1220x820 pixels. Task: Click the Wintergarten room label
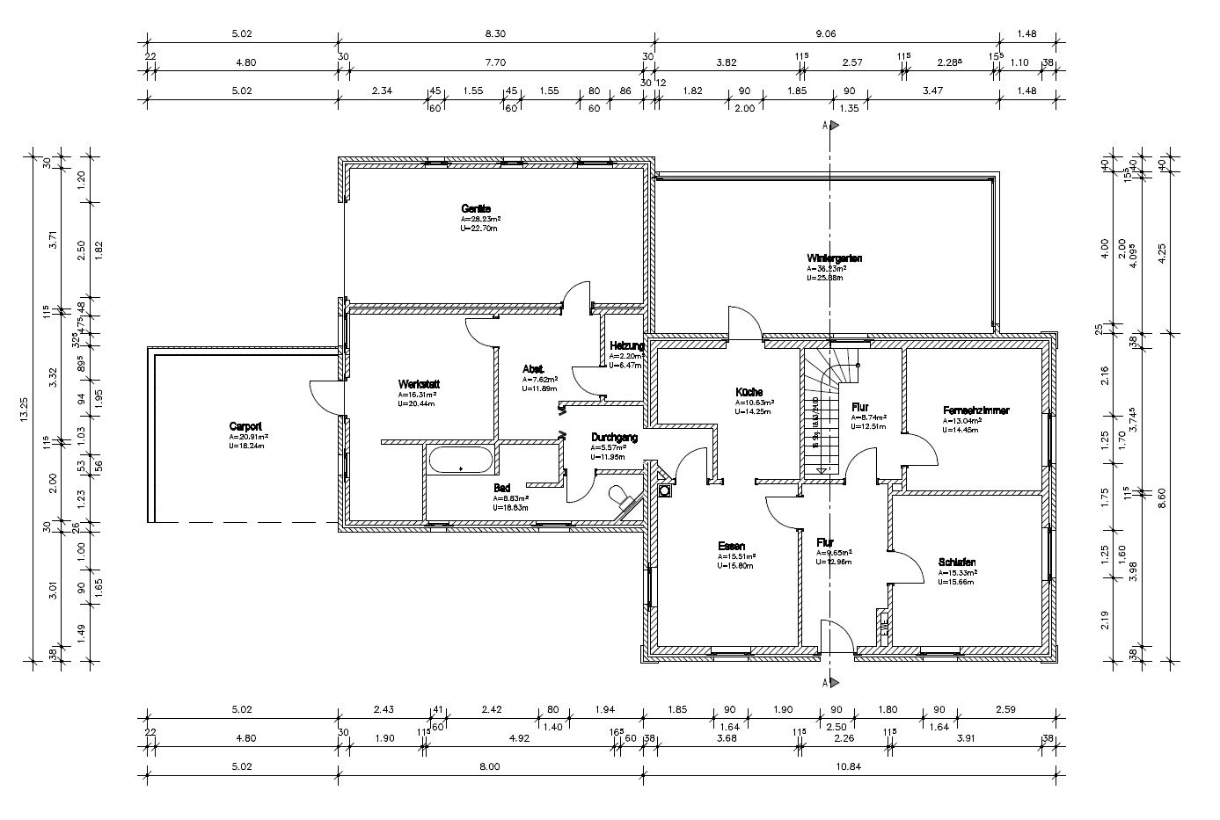(834, 258)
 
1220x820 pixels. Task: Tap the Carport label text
(245, 425)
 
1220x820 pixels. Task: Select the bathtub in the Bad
(460, 461)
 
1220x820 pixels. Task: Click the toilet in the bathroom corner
(625, 498)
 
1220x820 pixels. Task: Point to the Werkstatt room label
(419, 384)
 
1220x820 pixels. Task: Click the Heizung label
(626, 346)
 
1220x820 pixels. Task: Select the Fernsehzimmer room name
(975, 410)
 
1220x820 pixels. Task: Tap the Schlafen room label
(957, 562)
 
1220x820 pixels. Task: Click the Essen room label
(732, 546)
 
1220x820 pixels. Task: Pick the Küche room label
(749, 391)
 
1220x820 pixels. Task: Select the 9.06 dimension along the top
(825, 34)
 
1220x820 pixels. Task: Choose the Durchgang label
(615, 437)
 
